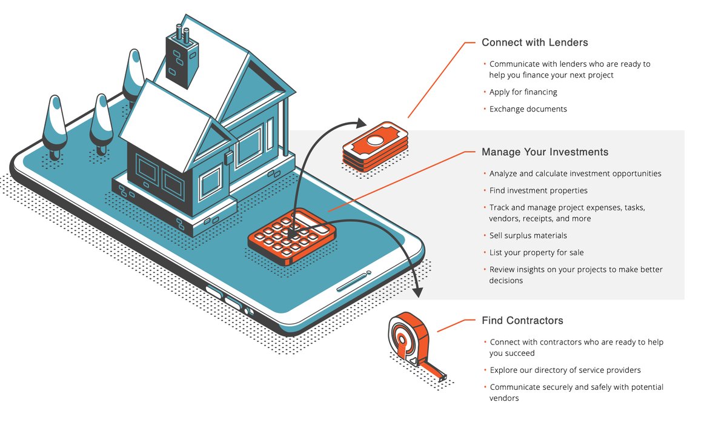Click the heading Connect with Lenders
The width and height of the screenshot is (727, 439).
click(534, 42)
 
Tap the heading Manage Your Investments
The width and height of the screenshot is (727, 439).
click(545, 152)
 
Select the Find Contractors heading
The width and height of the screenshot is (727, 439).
click(522, 320)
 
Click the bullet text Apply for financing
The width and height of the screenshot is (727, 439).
click(523, 92)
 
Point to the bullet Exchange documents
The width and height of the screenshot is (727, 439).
click(528, 109)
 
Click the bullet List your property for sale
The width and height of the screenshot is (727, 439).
click(536, 252)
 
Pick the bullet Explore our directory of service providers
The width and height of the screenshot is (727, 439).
click(565, 370)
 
